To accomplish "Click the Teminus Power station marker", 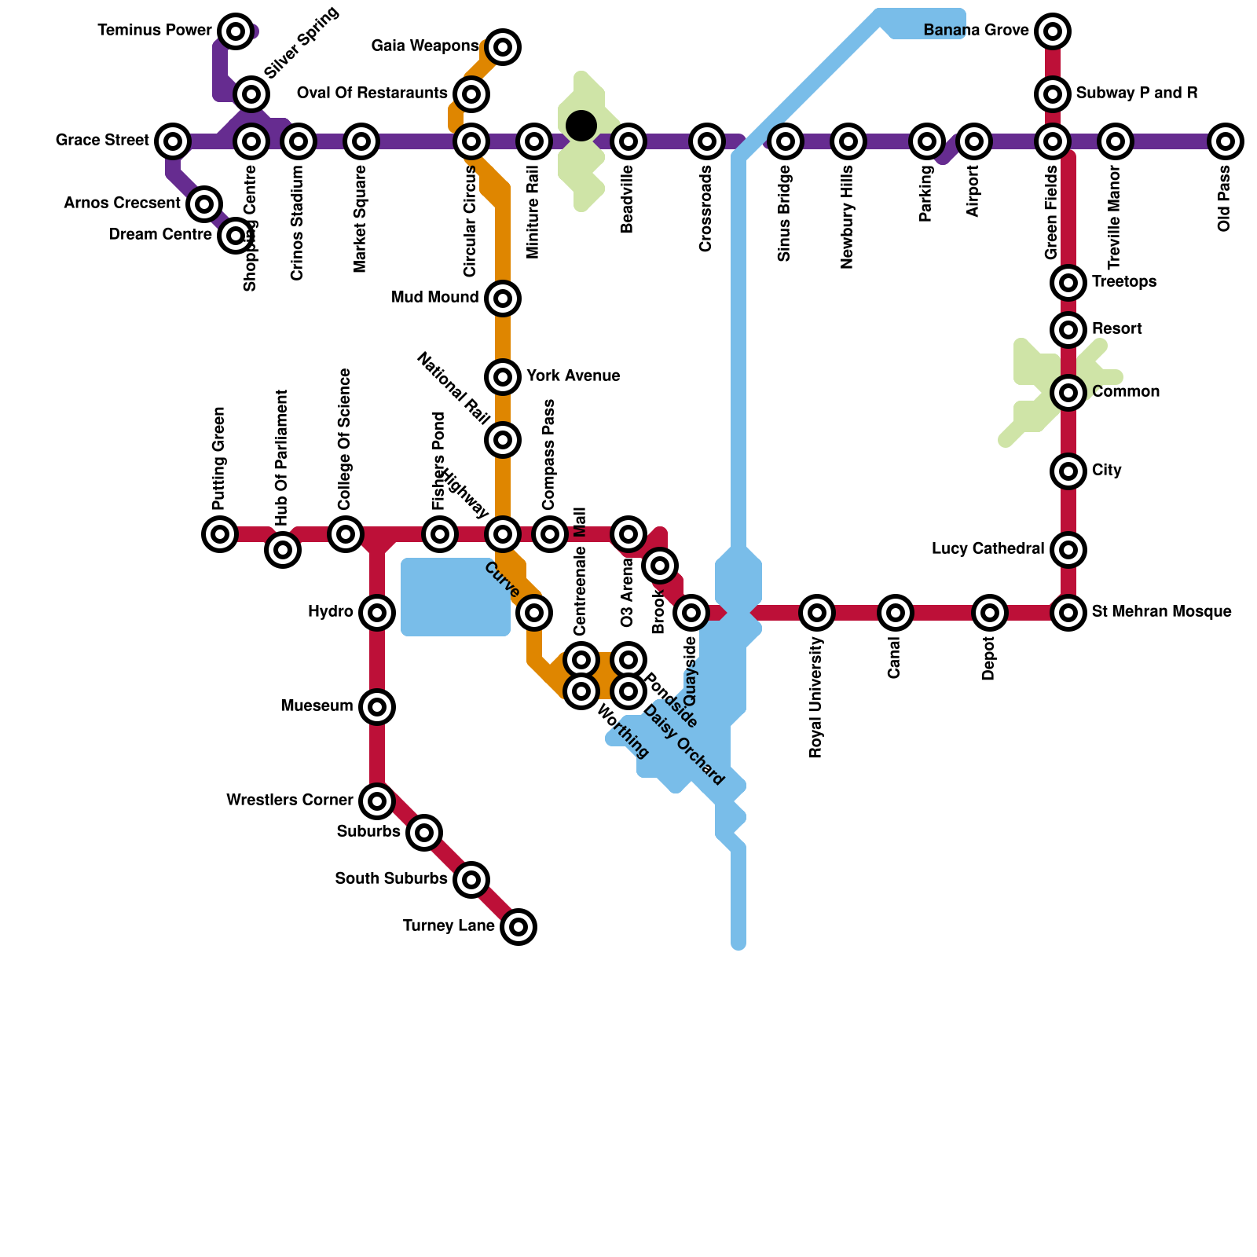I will point(235,31).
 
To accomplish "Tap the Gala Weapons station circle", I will point(503,47).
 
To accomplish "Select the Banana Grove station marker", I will point(1053,31).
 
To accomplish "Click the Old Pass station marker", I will point(1225,141).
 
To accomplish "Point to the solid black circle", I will point(581,125).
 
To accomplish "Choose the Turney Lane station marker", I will point(519,927).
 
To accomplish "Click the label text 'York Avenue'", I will point(574,376).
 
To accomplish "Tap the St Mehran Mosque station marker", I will point(1068,612).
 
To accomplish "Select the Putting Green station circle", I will point(220,534).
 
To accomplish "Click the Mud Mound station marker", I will point(503,299).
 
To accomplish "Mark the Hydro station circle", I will point(377,612).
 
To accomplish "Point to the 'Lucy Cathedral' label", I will point(988,548).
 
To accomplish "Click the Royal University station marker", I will point(817,612).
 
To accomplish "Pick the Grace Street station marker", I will point(173,141).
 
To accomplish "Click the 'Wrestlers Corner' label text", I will point(289,801).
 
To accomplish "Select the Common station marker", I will point(1068,392).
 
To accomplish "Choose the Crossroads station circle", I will point(707,141).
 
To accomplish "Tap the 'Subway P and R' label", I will point(1137,93).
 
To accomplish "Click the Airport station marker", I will point(974,141).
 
